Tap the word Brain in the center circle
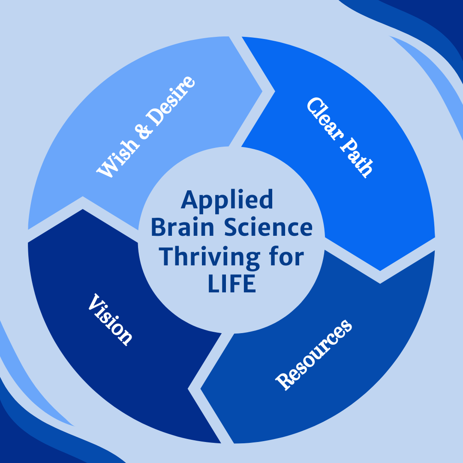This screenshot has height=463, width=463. point(182,227)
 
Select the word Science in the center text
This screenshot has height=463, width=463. point(268,227)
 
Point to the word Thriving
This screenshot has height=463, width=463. point(209,257)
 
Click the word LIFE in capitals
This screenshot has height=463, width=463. point(232,283)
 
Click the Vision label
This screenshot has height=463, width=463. point(111,319)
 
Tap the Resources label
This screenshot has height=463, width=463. point(313,355)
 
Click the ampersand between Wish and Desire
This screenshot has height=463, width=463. point(144,130)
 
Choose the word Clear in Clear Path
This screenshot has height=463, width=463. point(325,119)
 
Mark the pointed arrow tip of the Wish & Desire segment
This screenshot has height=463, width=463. point(262,91)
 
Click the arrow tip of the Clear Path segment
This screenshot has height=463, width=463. point(380,271)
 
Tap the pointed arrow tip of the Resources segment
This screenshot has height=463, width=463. point(201,389)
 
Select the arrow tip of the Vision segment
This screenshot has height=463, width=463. point(83,209)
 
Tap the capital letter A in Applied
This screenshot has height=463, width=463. point(189,199)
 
